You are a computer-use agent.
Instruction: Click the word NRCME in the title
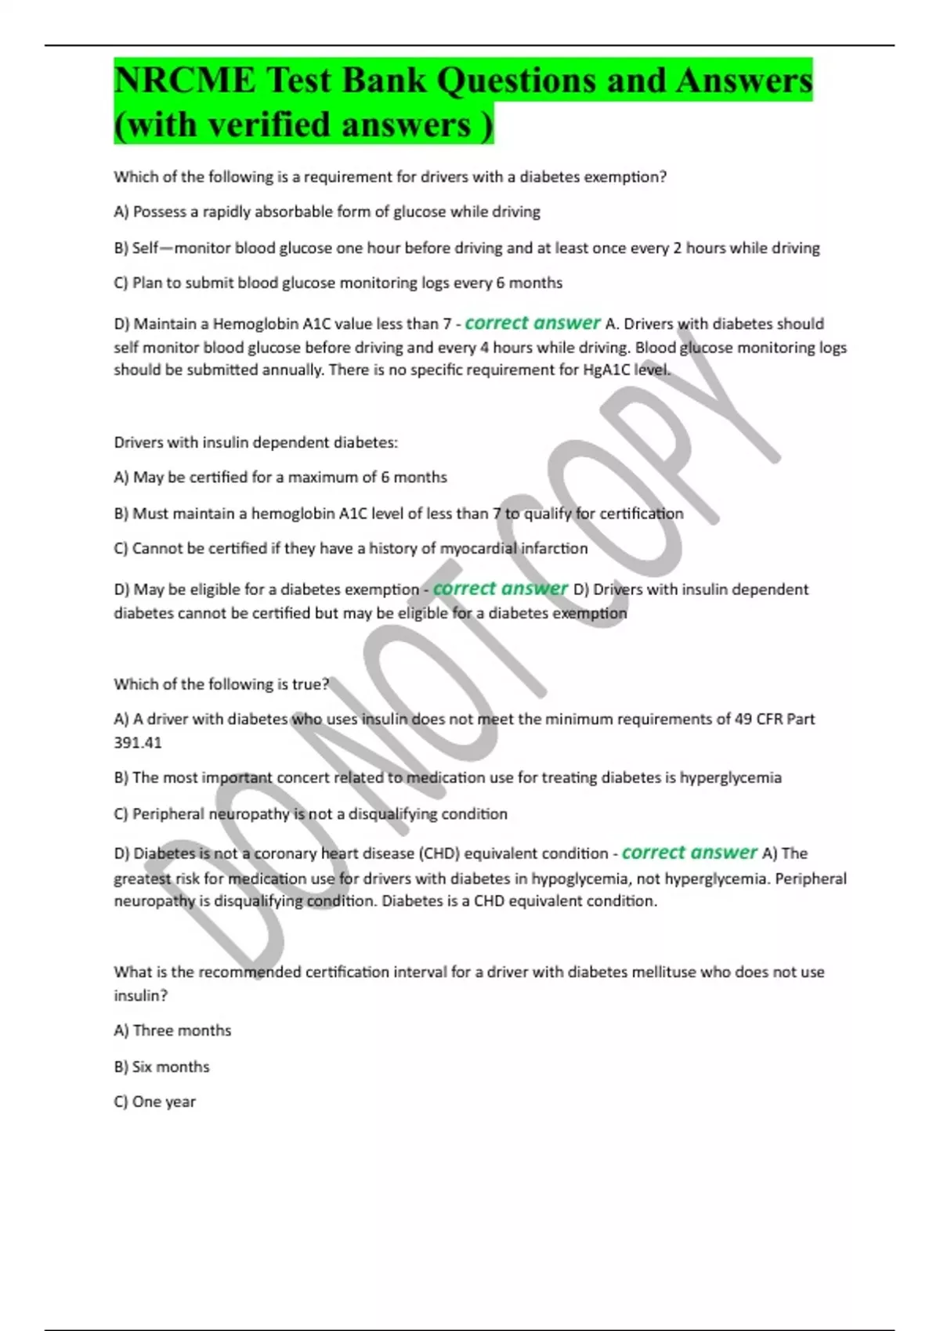(x=185, y=81)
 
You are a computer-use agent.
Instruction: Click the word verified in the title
(x=266, y=124)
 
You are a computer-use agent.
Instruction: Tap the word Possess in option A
(x=161, y=211)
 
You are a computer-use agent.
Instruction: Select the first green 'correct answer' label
(x=532, y=323)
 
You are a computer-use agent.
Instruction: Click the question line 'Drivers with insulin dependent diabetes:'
(x=255, y=442)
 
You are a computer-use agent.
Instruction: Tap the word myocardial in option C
(x=479, y=548)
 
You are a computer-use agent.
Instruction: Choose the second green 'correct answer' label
(x=500, y=588)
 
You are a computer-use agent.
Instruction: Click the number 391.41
(x=138, y=742)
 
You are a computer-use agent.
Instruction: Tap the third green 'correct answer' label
(x=689, y=852)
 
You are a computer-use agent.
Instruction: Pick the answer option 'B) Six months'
(x=161, y=1066)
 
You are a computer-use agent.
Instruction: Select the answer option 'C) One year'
(x=154, y=1102)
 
